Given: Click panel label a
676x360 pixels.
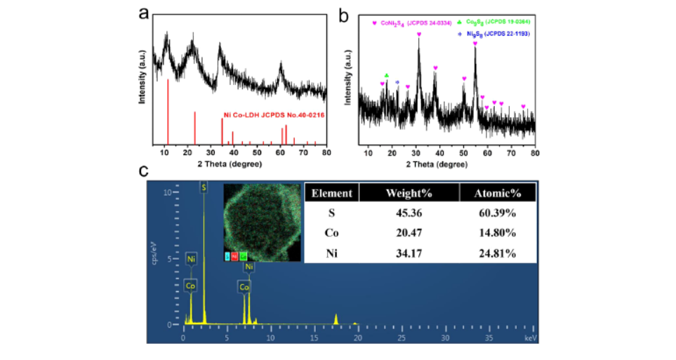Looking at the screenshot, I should coord(144,13).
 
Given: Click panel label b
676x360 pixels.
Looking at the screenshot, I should coord(345,13).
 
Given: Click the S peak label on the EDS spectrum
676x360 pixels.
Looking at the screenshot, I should coord(204,187).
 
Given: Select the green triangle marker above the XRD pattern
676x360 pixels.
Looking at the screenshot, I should coord(386,75).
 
